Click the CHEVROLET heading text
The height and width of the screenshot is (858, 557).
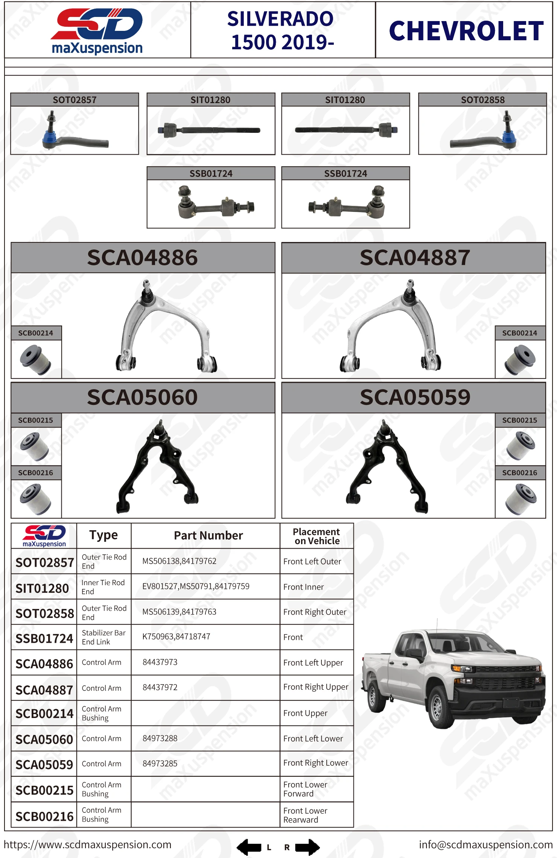[x=466, y=31]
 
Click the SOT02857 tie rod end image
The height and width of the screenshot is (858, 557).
[x=75, y=131]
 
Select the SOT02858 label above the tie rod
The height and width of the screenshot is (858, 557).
[x=482, y=100]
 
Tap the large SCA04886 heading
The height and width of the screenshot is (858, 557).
[x=142, y=258]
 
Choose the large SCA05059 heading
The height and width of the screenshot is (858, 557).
[x=415, y=397]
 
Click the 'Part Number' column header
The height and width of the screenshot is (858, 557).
[x=208, y=535]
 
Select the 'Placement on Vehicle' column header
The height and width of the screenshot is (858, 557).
[x=317, y=536]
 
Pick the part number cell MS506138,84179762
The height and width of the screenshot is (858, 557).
[x=179, y=561]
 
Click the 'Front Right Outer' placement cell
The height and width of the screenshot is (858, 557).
[x=315, y=612]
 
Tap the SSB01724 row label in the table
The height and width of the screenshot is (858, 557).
[x=44, y=639]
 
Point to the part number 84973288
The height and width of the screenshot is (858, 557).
[x=160, y=738]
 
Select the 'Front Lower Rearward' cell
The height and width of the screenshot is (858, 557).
[x=305, y=815]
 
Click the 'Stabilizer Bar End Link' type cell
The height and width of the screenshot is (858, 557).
[x=103, y=637]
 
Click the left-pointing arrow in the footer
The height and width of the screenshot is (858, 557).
[x=249, y=847]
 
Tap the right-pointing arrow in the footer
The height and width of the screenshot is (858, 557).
[x=307, y=847]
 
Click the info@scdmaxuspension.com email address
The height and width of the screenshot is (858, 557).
[x=485, y=845]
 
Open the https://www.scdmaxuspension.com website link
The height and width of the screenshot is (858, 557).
[x=87, y=845]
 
